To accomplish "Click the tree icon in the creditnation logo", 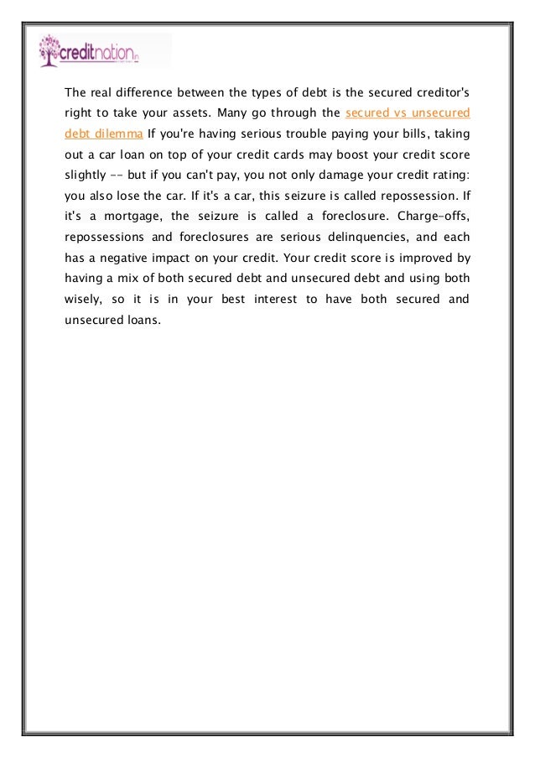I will [49, 50].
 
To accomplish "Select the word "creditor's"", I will [435, 91].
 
